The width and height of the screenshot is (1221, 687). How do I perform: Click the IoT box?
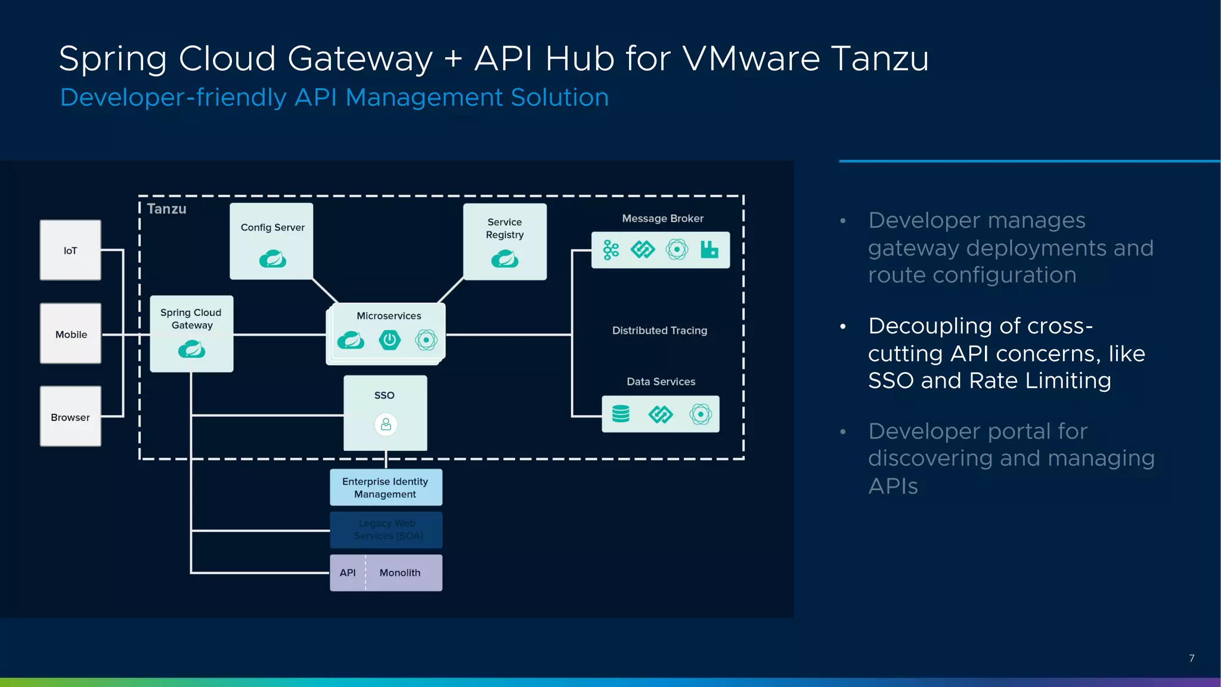pyautogui.click(x=70, y=250)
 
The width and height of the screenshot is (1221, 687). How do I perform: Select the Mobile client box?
pyautogui.click(x=70, y=333)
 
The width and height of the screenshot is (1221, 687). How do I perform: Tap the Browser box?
pyautogui.click(x=70, y=416)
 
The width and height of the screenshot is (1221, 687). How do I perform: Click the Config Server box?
pyautogui.click(x=272, y=241)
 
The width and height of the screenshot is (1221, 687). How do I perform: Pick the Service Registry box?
pyautogui.click(x=504, y=241)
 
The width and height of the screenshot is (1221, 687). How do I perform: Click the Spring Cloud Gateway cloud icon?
pyautogui.click(x=191, y=349)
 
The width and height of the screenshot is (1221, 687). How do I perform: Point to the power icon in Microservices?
pyautogui.click(x=389, y=340)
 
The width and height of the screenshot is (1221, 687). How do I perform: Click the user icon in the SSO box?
pyautogui.click(x=386, y=425)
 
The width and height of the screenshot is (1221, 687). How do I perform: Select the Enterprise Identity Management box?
pyautogui.click(x=386, y=487)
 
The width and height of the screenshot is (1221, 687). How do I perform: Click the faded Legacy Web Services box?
pyautogui.click(x=386, y=530)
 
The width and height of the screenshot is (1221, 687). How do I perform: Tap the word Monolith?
pyautogui.click(x=400, y=572)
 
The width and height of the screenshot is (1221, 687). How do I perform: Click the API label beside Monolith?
pyautogui.click(x=348, y=572)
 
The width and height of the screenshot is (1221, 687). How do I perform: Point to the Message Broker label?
pyautogui.click(x=662, y=218)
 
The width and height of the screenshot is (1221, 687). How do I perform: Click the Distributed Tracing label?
pyautogui.click(x=659, y=330)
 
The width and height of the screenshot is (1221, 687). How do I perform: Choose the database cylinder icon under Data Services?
pyautogui.click(x=621, y=414)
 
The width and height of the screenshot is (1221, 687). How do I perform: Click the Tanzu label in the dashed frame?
pyautogui.click(x=166, y=209)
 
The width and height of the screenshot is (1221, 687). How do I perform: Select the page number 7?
pyautogui.click(x=1191, y=658)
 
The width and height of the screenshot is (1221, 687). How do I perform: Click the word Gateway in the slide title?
pyautogui.click(x=360, y=59)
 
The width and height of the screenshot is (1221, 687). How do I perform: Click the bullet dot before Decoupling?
pyautogui.click(x=843, y=326)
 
